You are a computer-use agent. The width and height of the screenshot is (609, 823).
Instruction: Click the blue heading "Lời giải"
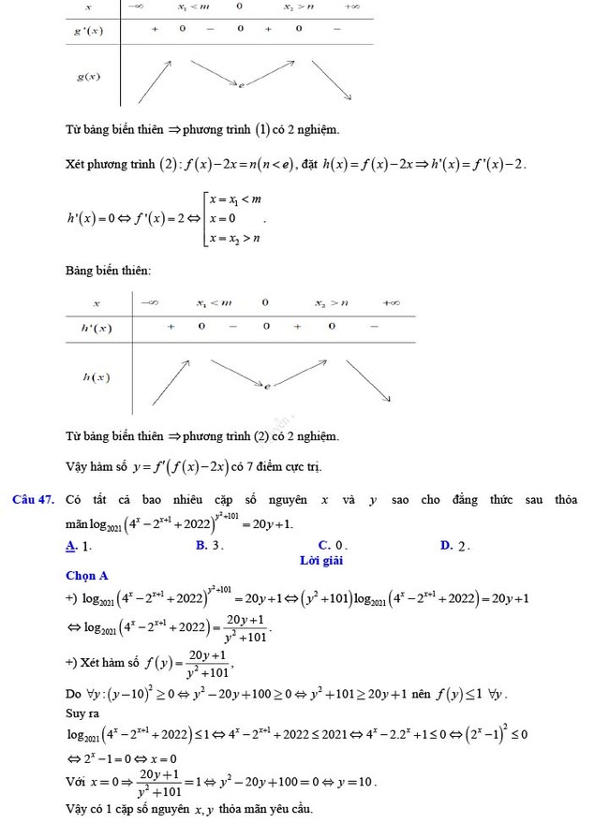[x=321, y=560]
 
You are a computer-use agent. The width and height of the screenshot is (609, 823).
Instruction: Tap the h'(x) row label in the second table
[x=96, y=328]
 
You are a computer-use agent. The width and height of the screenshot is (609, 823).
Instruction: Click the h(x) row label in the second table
[x=96, y=376]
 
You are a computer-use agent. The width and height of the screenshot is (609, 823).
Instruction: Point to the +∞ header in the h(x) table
[x=392, y=302]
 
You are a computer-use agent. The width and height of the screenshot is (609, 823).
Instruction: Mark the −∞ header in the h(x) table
[x=148, y=302]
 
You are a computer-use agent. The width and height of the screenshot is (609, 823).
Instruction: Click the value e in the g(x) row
[x=242, y=85]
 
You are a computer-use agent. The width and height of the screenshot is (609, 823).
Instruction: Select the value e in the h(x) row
[x=267, y=385]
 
